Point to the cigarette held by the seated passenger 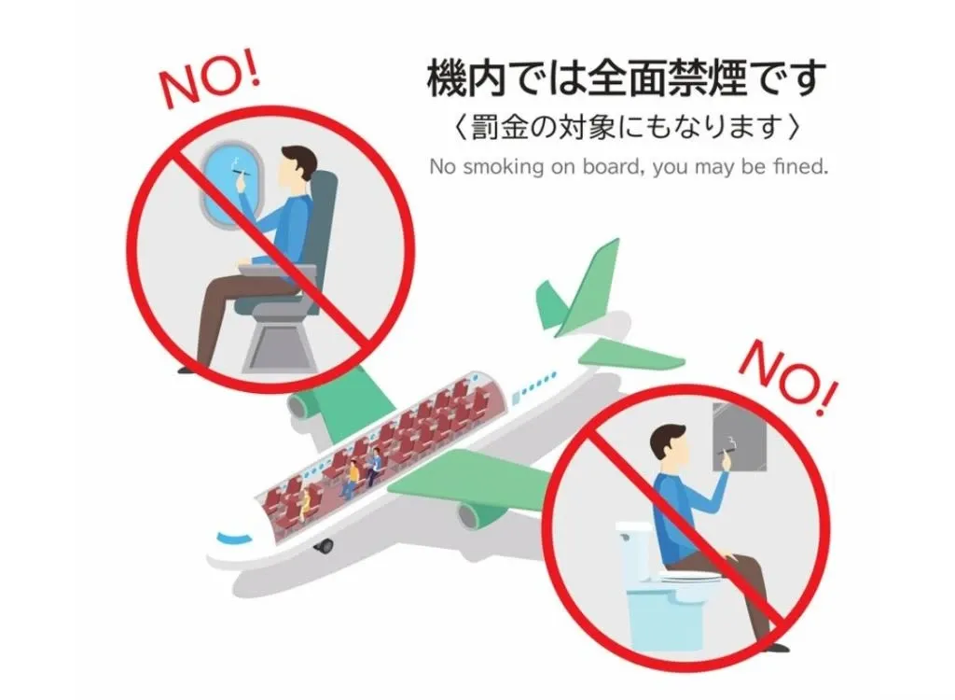[x=239, y=176]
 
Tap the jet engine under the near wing [x=477, y=512]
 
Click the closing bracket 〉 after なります [x=794, y=126]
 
